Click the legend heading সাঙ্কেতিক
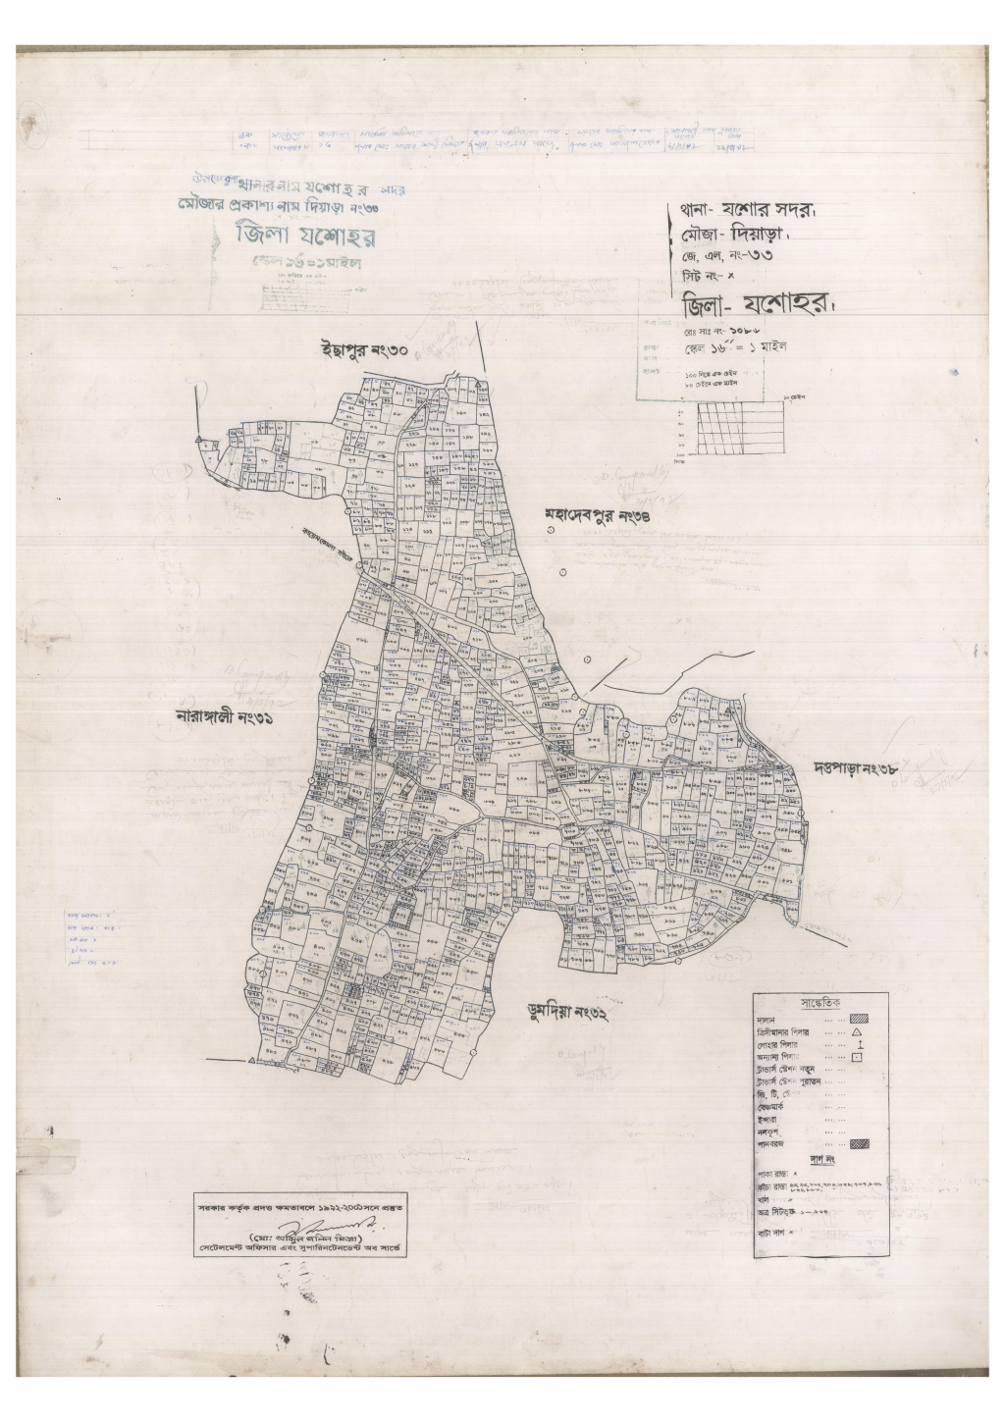821,1004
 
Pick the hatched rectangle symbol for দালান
859,1020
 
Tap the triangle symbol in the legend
856,1032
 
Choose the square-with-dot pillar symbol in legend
856,1057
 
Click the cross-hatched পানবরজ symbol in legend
859,1143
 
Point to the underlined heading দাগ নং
822,1159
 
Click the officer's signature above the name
319,1230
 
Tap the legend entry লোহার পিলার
779,1045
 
